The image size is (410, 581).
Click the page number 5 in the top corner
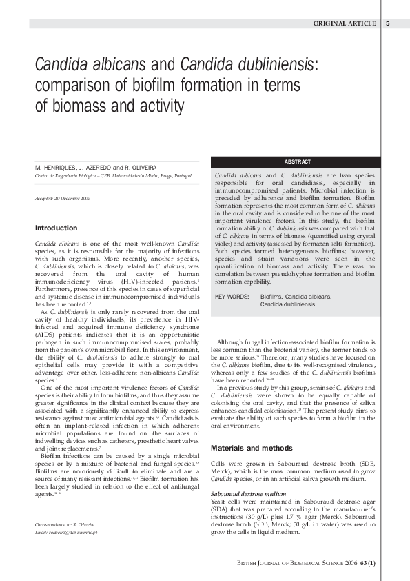tap(388, 23)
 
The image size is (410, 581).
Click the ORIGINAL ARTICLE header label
tap(345, 23)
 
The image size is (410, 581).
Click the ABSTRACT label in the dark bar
tap(297, 161)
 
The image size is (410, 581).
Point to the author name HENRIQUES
tap(61, 168)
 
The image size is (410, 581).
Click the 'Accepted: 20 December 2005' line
tap(63, 199)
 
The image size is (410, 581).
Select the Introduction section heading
tap(56, 228)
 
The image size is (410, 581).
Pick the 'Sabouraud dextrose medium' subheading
tap(248, 494)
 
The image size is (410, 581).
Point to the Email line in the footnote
tap(65, 532)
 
